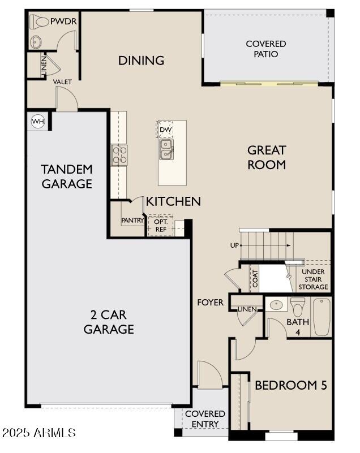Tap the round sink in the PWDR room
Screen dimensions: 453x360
click(x=37, y=42)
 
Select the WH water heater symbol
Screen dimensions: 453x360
click(x=37, y=121)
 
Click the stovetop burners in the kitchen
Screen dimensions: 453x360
click(x=119, y=155)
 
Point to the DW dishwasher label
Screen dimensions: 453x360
click(x=165, y=130)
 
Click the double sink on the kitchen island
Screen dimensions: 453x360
click(x=166, y=149)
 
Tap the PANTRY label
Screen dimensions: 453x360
click(x=132, y=221)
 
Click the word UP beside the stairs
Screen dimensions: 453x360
click(x=234, y=245)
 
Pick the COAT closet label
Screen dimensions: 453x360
click(x=255, y=278)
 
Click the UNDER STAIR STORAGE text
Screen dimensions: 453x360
click(x=313, y=279)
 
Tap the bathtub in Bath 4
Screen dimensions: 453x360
click(x=322, y=317)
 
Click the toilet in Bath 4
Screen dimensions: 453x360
click(x=298, y=307)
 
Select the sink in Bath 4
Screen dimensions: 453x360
click(x=277, y=305)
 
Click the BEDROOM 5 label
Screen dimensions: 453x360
click(x=290, y=385)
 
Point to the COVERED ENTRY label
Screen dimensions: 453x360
click(x=205, y=419)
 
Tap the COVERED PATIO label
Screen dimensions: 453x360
click(x=265, y=49)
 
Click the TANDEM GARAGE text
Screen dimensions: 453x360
click(x=66, y=176)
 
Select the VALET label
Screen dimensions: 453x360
click(x=62, y=82)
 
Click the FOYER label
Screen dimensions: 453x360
click(x=210, y=303)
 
